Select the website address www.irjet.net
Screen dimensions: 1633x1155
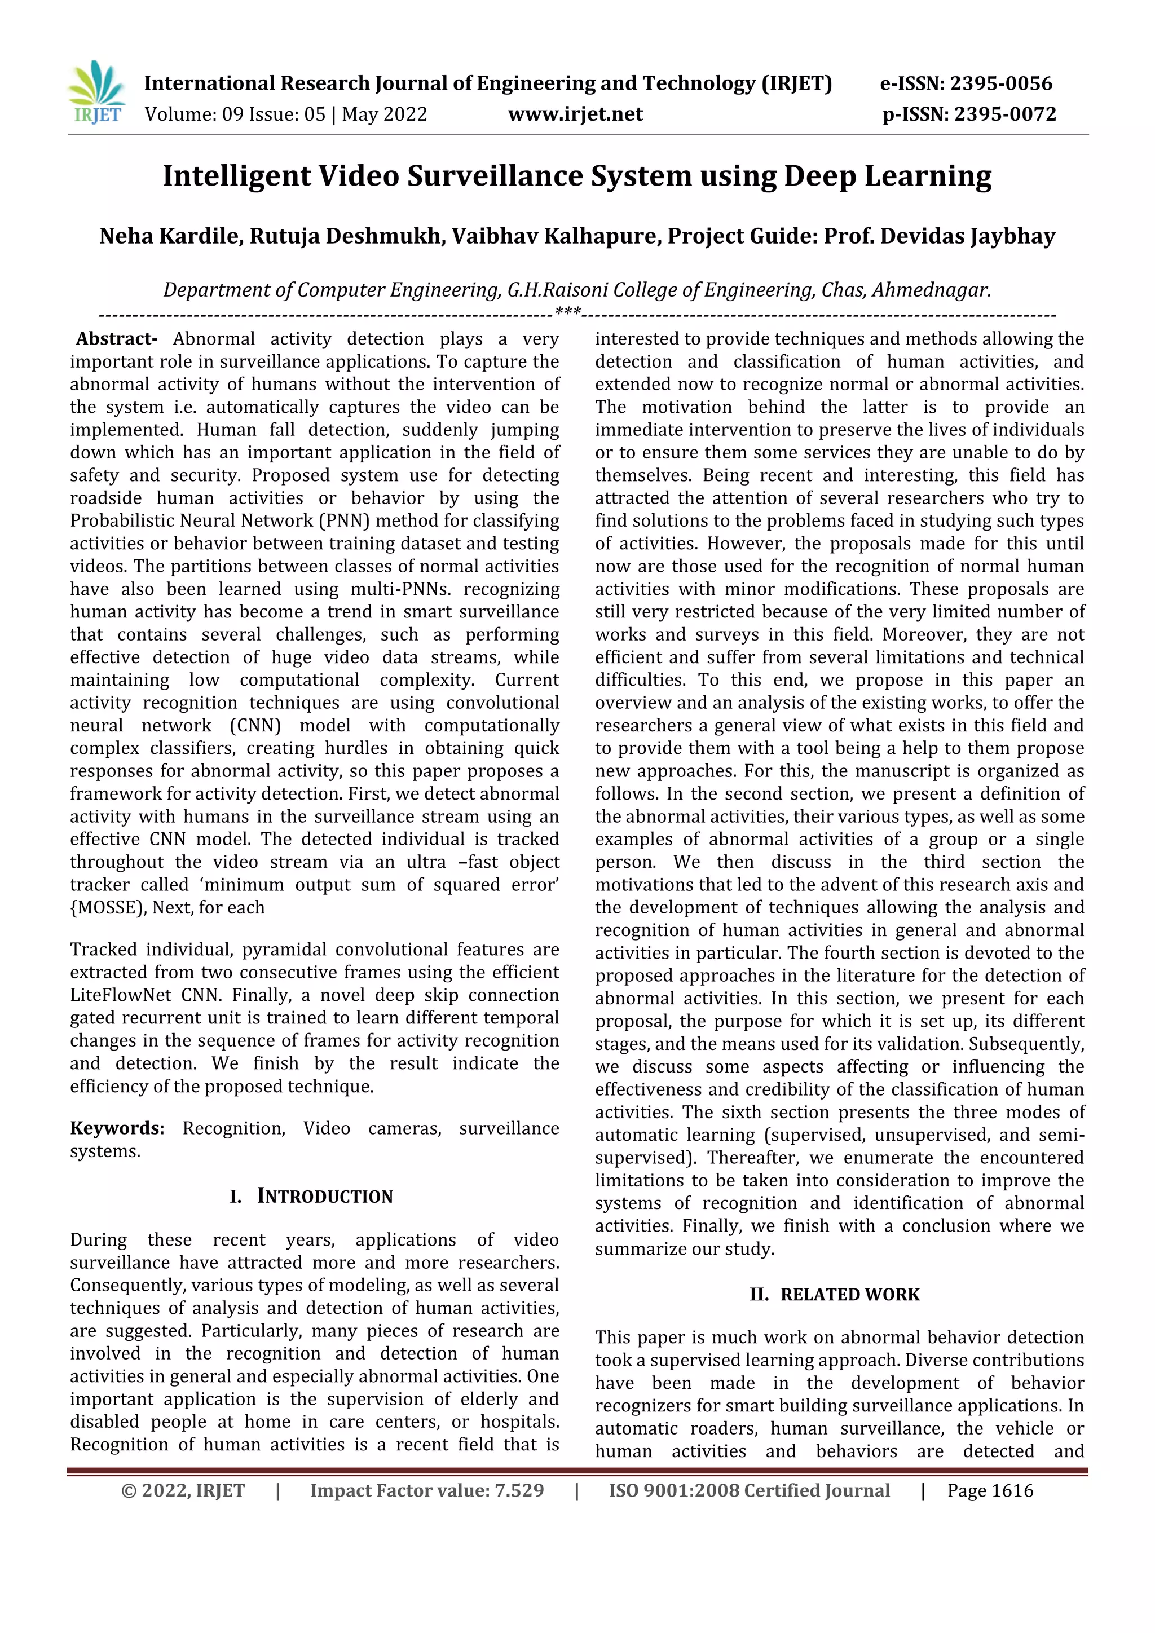(x=575, y=114)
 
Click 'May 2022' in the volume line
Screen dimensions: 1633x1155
(x=384, y=114)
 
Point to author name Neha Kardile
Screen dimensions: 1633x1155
(x=171, y=236)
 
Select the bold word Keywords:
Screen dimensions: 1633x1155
(x=117, y=1128)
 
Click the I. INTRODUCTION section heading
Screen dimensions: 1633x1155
(x=311, y=1197)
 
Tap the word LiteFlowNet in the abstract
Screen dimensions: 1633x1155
(x=120, y=995)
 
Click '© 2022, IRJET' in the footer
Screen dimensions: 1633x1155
(x=183, y=1491)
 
